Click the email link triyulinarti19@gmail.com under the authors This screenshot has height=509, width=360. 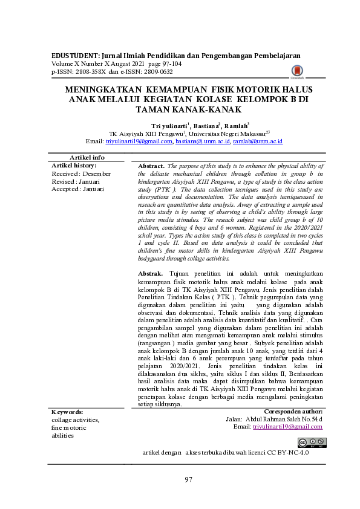139,141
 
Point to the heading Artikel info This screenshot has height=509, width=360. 88,157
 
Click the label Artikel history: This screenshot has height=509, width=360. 74,165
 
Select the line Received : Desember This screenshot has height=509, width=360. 81,173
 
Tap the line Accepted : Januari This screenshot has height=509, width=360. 79,189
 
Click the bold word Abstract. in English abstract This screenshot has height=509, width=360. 151,166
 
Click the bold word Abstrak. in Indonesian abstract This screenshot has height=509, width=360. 151,274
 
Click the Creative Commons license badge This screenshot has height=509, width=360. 312,441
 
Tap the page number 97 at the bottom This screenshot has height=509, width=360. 188,479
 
